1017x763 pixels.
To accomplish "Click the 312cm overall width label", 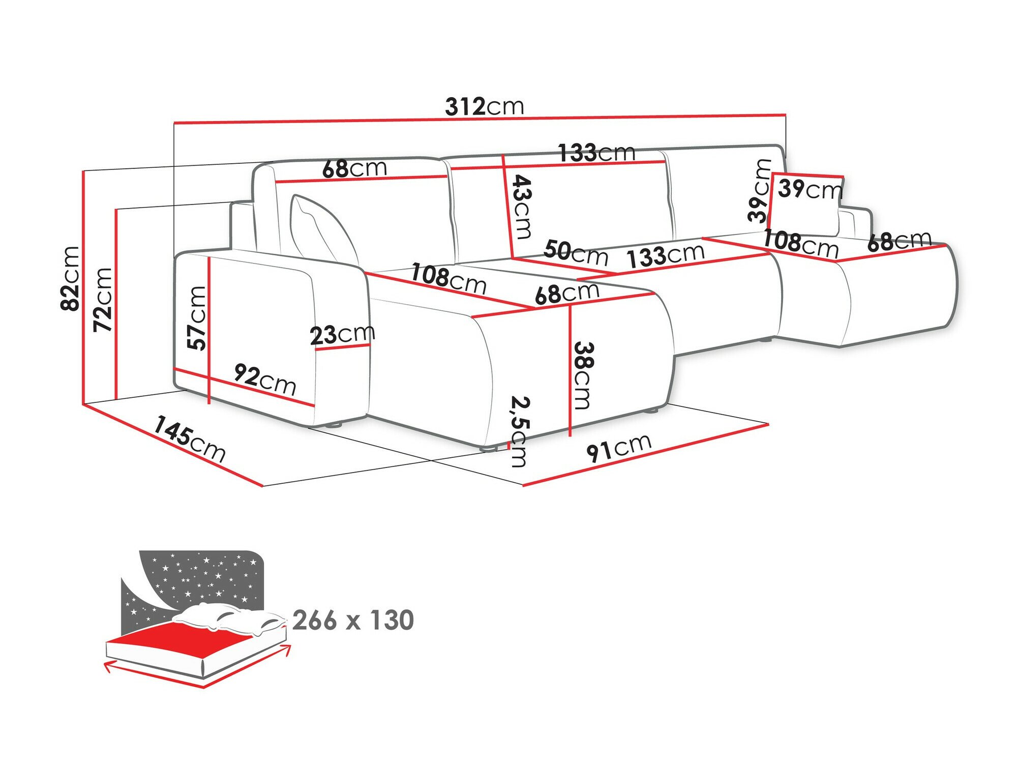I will point(484,107).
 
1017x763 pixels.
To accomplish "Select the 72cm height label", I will point(103,300).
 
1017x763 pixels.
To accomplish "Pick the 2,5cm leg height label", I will point(520,432).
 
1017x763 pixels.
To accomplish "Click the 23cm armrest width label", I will point(342,335).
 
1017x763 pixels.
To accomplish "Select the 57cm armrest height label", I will point(197,318).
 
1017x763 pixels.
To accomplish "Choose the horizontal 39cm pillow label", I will point(810,189).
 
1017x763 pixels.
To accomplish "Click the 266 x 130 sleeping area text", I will point(353,620).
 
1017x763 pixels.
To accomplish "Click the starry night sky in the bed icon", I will point(203,575).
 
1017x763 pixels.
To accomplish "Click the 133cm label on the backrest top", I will point(596,153).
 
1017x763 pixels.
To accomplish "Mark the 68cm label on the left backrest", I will point(354,168).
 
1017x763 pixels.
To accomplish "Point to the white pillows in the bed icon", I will point(229,618).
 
